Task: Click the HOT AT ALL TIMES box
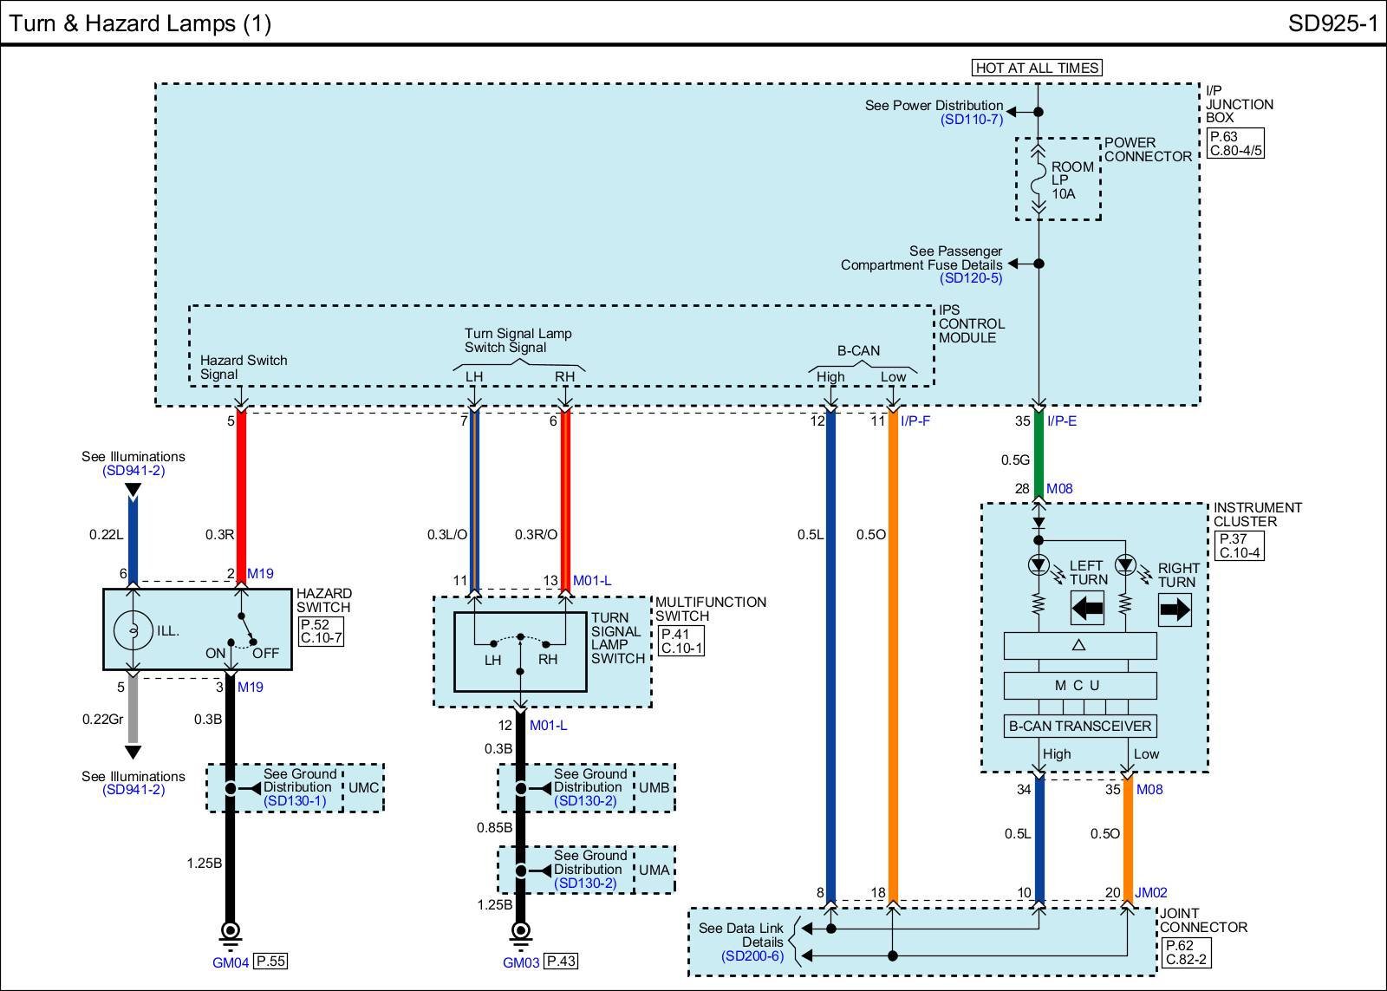[1037, 68]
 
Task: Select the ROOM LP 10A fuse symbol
[1038, 179]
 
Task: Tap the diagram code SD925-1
[1332, 23]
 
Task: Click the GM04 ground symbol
[231, 932]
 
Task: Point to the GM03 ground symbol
[520, 932]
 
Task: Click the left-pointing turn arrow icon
[1088, 608]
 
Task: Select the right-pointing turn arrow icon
[1175, 610]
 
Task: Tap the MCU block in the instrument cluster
[1079, 685]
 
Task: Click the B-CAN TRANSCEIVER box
[1079, 727]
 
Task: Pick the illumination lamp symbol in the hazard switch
[133, 630]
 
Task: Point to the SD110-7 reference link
[971, 120]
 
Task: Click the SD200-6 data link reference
[752, 955]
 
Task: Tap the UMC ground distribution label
[362, 787]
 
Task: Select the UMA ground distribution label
[654, 870]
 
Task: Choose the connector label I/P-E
[1061, 421]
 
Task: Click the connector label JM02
[1151, 892]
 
